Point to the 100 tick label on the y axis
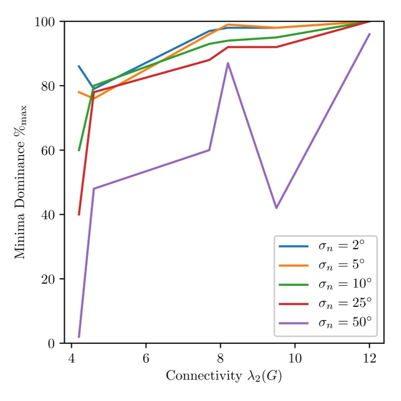pos(48,22)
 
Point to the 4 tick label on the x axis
pos(72,358)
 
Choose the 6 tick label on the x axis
pos(146,358)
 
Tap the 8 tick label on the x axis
pos(220,358)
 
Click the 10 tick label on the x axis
pos(294,358)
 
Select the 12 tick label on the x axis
pos(369,358)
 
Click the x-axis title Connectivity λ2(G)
pos(223,376)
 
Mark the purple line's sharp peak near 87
pos(228,63)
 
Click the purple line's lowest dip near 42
pos(276,208)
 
